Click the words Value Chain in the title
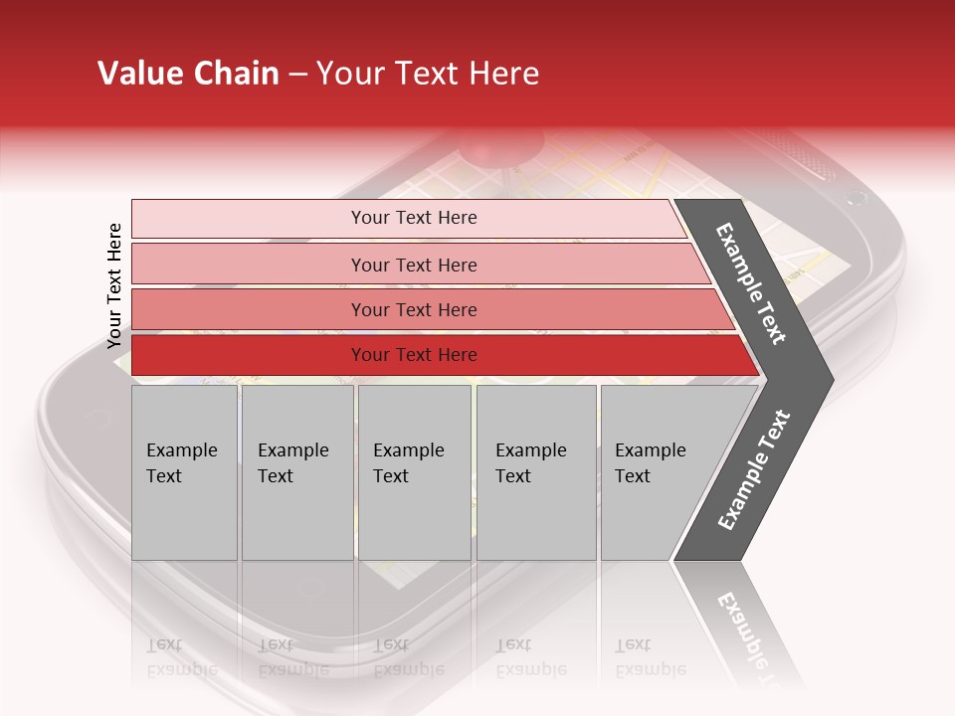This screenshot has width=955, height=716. tap(188, 74)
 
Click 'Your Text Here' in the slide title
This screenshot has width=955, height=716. tap(428, 74)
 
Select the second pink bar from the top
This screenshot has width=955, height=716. tap(414, 265)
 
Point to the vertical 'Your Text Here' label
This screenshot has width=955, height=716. tap(114, 285)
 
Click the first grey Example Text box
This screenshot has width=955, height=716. tap(184, 471)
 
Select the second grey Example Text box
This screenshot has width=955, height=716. tap(296, 471)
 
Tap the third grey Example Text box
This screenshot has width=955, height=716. tap(413, 471)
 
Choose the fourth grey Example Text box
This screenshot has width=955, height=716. tap(535, 471)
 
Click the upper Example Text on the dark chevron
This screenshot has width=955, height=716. tap(751, 283)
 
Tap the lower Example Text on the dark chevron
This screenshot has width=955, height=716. tap(753, 469)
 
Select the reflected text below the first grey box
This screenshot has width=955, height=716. tap(181, 657)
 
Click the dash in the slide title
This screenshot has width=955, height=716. tap(297, 75)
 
